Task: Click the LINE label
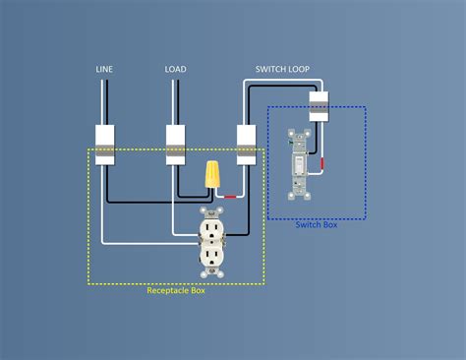pyautogui.click(x=104, y=69)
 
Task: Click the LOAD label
pyautogui.click(x=176, y=69)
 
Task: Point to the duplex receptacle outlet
pyautogui.click(x=210, y=241)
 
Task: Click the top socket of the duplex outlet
pyautogui.click(x=210, y=227)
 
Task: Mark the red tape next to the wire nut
pyautogui.click(x=233, y=197)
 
